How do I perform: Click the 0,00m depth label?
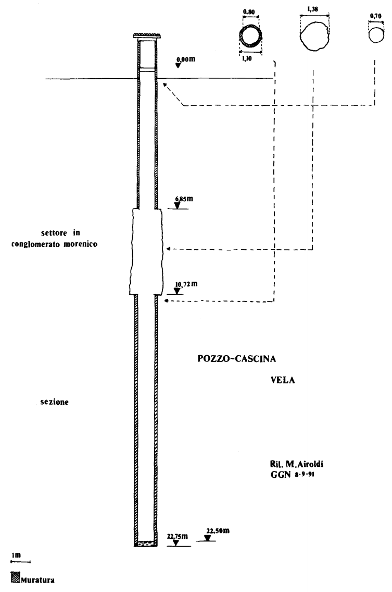(186, 59)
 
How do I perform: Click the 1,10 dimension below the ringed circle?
(247, 59)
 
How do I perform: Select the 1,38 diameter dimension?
(314, 11)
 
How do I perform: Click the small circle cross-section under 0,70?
(375, 35)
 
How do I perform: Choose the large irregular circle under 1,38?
(314, 35)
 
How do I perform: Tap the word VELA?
(283, 380)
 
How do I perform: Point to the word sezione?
(54, 403)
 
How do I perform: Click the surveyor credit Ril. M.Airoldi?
(294, 463)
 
